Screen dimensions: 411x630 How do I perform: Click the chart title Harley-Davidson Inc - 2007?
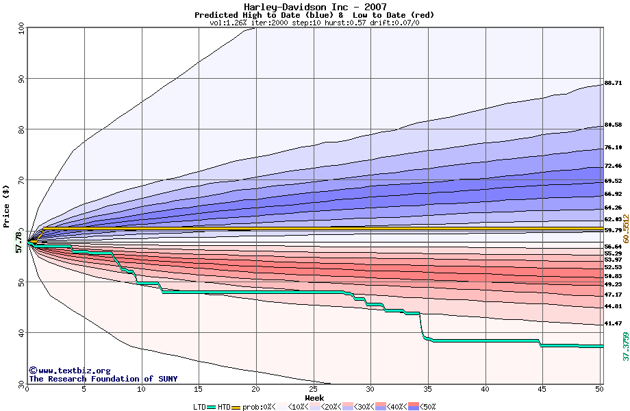point(314,7)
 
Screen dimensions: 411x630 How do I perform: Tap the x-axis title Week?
point(314,397)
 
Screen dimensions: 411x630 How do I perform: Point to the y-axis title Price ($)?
point(7,206)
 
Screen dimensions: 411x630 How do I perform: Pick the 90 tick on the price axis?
point(21,79)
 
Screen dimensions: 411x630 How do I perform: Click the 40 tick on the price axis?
point(21,333)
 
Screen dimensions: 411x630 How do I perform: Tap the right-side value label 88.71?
point(613,83)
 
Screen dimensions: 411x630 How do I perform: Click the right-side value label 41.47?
point(613,323)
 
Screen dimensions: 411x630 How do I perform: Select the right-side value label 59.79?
point(613,230)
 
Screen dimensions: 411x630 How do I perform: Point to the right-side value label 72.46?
point(613,166)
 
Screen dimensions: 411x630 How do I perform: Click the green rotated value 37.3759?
point(625,347)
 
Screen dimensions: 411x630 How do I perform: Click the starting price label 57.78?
point(18,241)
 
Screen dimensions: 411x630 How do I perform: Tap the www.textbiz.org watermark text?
point(64,371)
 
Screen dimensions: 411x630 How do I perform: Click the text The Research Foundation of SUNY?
point(103,379)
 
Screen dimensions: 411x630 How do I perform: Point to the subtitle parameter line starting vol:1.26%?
point(314,23)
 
